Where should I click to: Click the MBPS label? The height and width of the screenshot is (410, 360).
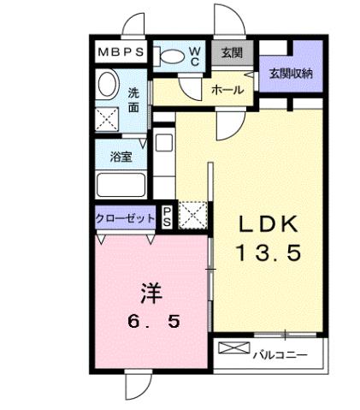tap(121, 52)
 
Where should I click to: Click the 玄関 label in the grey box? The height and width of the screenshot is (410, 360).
tap(231, 53)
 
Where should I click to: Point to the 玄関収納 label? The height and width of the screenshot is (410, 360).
tap(291, 73)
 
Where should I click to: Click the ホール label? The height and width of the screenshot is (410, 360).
tap(227, 89)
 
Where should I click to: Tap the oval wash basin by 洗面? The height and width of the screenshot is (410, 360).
tap(107, 84)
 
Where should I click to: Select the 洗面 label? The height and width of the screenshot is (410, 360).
tap(133, 99)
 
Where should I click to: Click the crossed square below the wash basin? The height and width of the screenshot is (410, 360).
tap(107, 117)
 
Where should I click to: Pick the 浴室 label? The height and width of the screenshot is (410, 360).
tap(121, 157)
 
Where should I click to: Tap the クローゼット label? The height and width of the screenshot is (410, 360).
tap(124, 218)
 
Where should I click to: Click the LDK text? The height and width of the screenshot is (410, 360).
tap(268, 224)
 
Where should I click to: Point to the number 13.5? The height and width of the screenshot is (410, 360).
tap(268, 253)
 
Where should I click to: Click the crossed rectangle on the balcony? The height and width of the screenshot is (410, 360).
tap(232, 348)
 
